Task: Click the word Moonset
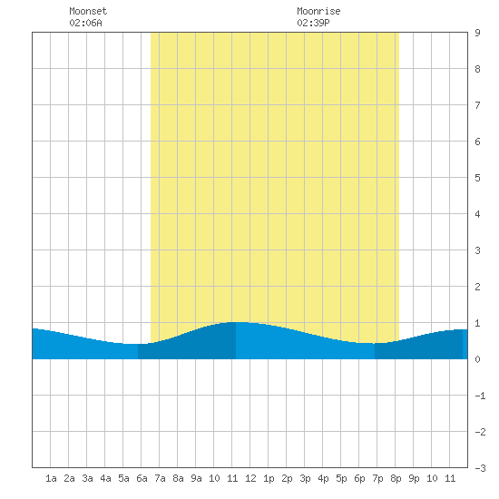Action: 88,11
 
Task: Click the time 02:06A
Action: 85,23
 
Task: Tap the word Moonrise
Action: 318,11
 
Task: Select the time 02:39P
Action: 313,23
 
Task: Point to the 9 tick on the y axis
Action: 477,33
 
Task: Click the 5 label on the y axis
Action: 477,178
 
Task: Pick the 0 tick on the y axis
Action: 477,359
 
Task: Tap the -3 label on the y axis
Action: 480,468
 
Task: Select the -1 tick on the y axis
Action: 480,396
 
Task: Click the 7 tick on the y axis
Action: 477,105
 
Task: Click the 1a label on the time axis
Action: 51,478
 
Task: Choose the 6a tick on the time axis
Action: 142,478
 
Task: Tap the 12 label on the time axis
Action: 250,478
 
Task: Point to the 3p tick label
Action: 305,478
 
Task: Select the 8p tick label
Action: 396,478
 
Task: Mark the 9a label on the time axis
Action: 196,478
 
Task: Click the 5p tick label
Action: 341,478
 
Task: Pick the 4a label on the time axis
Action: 105,478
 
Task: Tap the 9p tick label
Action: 414,478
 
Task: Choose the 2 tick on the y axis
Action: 477,287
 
